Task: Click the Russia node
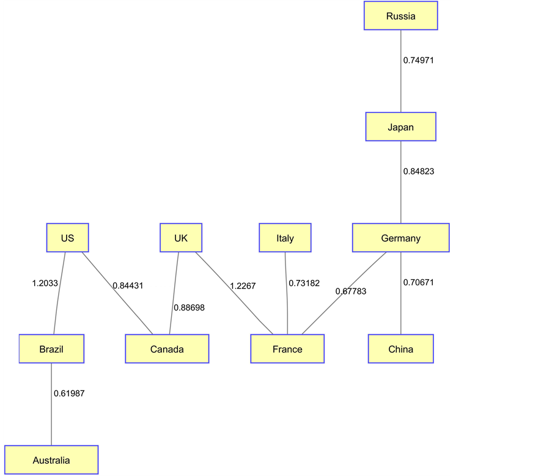pos(400,16)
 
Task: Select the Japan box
pos(400,127)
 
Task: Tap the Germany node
pos(400,238)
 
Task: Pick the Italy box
pos(285,238)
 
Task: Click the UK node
pos(181,238)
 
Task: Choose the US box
pos(67,238)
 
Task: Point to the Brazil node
pos(51,349)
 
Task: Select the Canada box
pos(167,349)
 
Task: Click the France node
pos(287,349)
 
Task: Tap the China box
pos(400,349)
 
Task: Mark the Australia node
pos(51,460)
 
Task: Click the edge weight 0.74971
pos(418,60)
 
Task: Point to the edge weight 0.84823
pos(418,171)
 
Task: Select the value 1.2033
pos(45,283)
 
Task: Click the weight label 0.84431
pos(128,285)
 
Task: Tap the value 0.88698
pos(189,307)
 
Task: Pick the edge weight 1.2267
pos(243,285)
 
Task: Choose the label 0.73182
pos(304,283)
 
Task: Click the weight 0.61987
pos(69,394)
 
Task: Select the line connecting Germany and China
pos(401,306)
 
